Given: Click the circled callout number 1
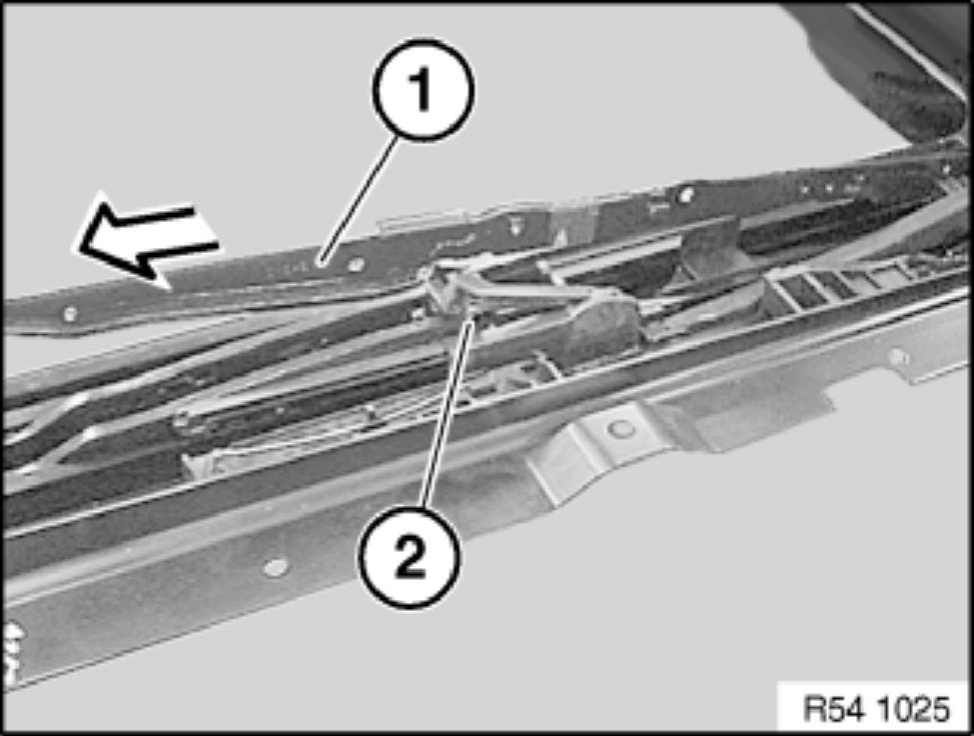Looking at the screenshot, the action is (423, 90).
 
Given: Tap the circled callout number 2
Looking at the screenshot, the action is (410, 556).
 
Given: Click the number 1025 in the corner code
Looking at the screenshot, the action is (914, 708).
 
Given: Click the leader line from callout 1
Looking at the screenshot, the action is (359, 200).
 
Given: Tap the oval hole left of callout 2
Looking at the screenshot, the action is (275, 567).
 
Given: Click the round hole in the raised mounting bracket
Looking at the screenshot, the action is (617, 428).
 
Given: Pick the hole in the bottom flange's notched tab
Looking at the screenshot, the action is (897, 357).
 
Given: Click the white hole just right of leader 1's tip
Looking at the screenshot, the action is (356, 265).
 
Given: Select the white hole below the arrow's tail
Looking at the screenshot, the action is (70, 314).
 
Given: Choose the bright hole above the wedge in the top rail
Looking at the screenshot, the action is (685, 196).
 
